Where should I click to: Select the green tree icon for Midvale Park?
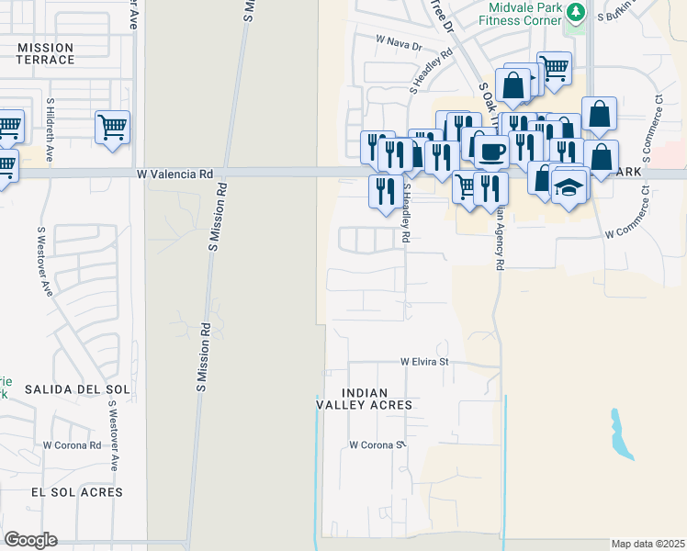pyautogui.click(x=575, y=13)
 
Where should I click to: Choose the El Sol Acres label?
pyautogui.click(x=76, y=492)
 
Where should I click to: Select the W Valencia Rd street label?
pyautogui.click(x=175, y=173)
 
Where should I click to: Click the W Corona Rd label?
pyautogui.click(x=72, y=444)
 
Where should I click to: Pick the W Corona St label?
pyautogui.click(x=377, y=444)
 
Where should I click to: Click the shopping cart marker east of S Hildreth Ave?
pyautogui.click(x=112, y=127)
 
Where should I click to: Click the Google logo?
pyautogui.click(x=30, y=540)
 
